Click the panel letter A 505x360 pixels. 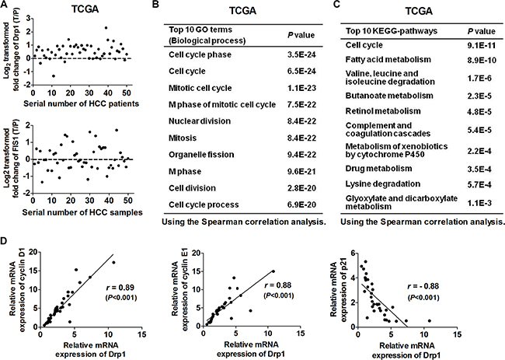pyautogui.click(x=5, y=8)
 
